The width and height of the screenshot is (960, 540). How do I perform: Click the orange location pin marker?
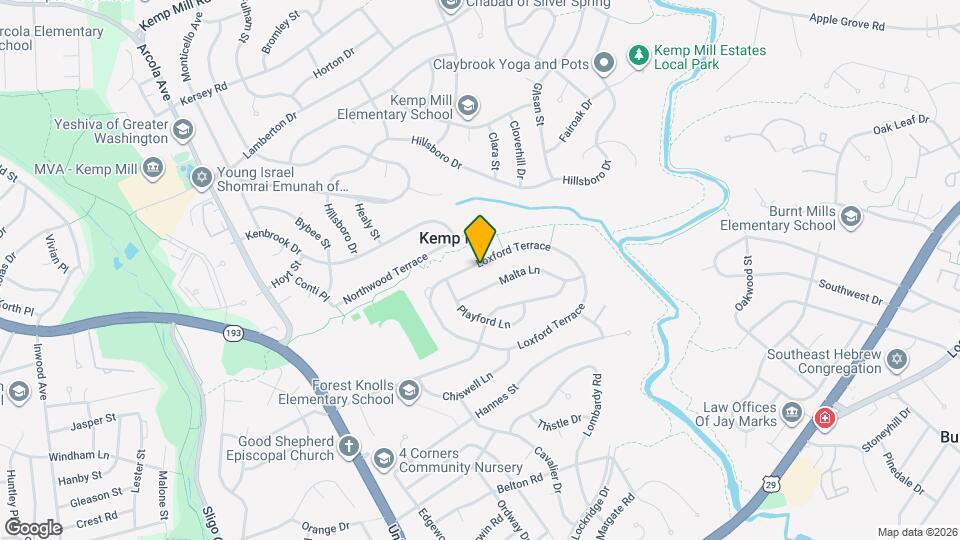pyautogui.click(x=481, y=238)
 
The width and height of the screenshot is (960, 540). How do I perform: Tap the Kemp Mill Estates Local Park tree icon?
pyautogui.click(x=637, y=57)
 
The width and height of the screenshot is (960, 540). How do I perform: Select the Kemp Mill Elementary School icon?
pyautogui.click(x=467, y=105)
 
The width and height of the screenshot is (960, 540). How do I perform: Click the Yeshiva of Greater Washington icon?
pyautogui.click(x=182, y=130)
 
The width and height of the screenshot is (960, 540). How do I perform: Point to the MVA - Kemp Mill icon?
pyautogui.click(x=153, y=166)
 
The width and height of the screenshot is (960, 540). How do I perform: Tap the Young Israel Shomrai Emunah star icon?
pyautogui.click(x=201, y=177)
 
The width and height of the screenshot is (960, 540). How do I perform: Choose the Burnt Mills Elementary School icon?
pyautogui.click(x=850, y=217)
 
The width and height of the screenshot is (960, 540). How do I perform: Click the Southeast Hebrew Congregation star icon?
pyautogui.click(x=897, y=359)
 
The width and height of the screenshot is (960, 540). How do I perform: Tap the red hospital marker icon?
pyautogui.click(x=825, y=417)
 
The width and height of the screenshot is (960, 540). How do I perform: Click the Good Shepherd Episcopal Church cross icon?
pyautogui.click(x=348, y=447)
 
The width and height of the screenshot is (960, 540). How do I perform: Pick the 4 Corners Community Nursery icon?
pyautogui.click(x=382, y=458)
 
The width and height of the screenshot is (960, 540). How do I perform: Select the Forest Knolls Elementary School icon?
pyautogui.click(x=408, y=390)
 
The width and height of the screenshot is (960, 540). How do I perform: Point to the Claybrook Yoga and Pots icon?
pyautogui.click(x=603, y=64)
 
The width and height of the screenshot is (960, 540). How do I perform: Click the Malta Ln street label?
pyautogui.click(x=519, y=274)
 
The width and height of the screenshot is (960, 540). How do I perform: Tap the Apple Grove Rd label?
pyautogui.click(x=847, y=20)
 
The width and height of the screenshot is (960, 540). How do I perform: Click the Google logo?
pyautogui.click(x=33, y=527)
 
